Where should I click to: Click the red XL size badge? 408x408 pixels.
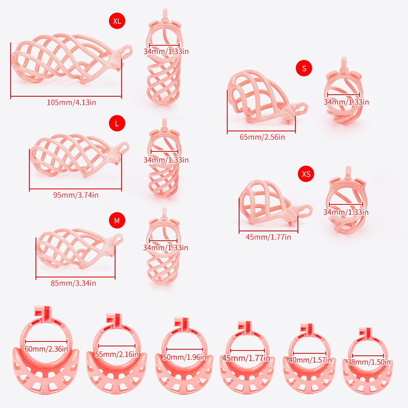(117, 21)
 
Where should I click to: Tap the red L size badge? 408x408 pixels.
(117, 123)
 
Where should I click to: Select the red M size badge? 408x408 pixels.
(117, 220)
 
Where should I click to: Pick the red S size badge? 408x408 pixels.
(304, 68)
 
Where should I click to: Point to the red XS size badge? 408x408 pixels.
(306, 173)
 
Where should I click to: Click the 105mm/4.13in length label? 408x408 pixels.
(71, 102)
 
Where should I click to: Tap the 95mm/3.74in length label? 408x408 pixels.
(76, 195)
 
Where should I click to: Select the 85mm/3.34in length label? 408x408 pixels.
(73, 283)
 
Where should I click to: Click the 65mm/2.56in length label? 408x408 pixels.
(262, 137)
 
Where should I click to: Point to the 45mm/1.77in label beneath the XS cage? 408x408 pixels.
(268, 237)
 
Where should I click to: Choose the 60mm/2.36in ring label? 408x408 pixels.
(47, 349)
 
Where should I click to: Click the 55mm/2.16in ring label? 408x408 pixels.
(117, 354)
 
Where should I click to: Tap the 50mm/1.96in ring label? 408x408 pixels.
(184, 357)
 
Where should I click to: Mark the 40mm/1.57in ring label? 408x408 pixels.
(310, 360)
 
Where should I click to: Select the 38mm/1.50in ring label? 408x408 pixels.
(369, 362)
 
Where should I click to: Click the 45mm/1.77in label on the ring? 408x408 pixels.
(246, 358)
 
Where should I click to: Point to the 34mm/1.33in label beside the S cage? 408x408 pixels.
(346, 102)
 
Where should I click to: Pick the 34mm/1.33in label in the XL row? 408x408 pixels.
(166, 51)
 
